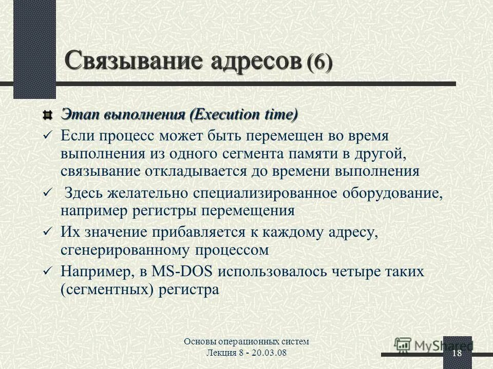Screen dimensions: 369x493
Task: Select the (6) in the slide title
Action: tap(319, 64)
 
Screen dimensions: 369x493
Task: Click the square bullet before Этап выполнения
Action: tap(47, 114)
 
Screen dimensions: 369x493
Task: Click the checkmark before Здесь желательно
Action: tap(47, 193)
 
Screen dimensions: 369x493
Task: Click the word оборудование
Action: tap(394, 193)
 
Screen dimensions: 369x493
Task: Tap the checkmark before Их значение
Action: tap(47, 232)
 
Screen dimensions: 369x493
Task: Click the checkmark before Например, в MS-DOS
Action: tap(47, 271)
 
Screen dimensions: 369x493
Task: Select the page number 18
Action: tap(457, 354)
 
